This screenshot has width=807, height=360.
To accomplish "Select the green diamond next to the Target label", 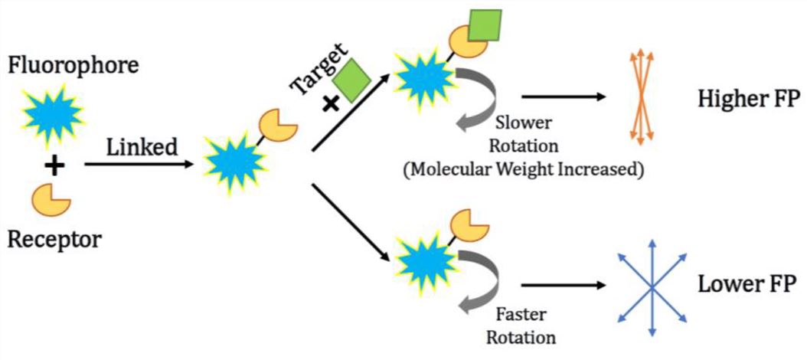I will pyautogui.click(x=351, y=79).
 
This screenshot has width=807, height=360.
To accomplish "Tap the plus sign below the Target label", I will pyautogui.click(x=331, y=103).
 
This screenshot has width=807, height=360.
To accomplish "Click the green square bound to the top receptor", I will pyautogui.click(x=484, y=27).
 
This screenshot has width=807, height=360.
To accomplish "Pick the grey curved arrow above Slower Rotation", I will pyautogui.click(x=478, y=97).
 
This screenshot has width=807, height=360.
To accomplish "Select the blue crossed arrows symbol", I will pyautogui.click(x=651, y=286).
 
